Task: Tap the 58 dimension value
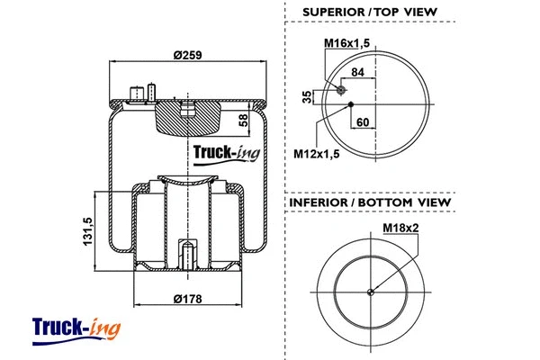tap(243, 120)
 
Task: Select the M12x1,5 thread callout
tap(318, 153)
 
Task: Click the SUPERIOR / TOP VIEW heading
tap(370, 11)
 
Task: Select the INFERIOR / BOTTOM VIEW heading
tap(369, 202)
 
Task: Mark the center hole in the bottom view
tap(370, 291)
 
